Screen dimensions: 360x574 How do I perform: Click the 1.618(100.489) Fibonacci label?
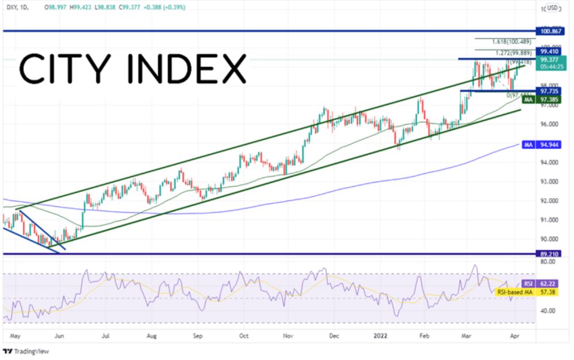(512, 41)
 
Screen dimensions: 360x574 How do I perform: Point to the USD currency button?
(553, 8)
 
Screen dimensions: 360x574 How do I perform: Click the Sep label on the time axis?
(198, 336)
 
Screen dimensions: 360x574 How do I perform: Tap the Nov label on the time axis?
(289, 336)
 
